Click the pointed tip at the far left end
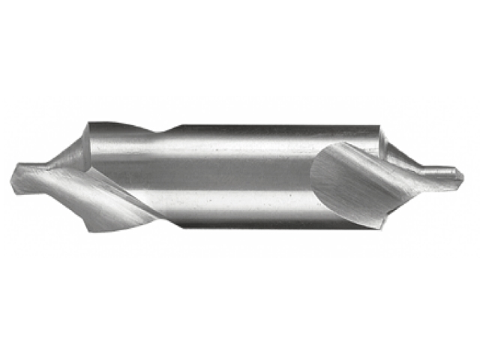click(13, 178)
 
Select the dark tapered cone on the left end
click(71, 154)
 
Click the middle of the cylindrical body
click(240, 176)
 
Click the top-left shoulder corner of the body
click(90, 124)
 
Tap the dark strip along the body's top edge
click(270, 130)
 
